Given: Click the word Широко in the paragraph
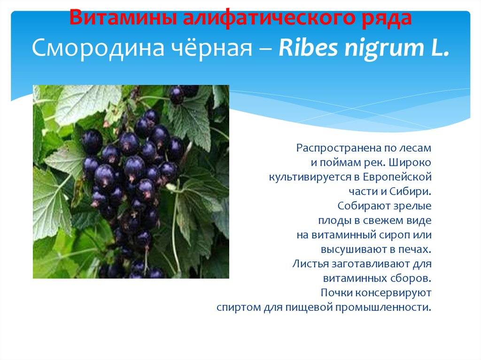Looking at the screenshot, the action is (410, 162).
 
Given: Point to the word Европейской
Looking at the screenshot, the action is (397, 177).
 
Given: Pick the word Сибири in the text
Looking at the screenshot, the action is (411, 191).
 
